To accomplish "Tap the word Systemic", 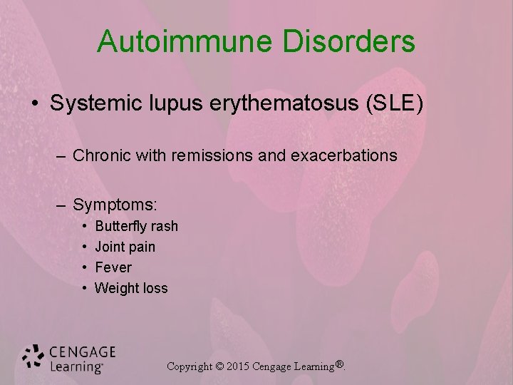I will (x=97, y=104).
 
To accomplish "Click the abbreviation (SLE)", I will (x=393, y=104).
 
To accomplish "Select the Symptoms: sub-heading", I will (x=115, y=205).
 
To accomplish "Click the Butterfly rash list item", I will (x=136, y=227).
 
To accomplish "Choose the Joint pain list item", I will (x=125, y=247).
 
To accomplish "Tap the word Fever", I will (x=113, y=268).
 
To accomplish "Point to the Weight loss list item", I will (x=131, y=289).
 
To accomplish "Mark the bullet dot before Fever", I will (x=84, y=268).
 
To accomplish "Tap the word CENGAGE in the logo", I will (x=83, y=351).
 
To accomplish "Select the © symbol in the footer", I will (x=219, y=366).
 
